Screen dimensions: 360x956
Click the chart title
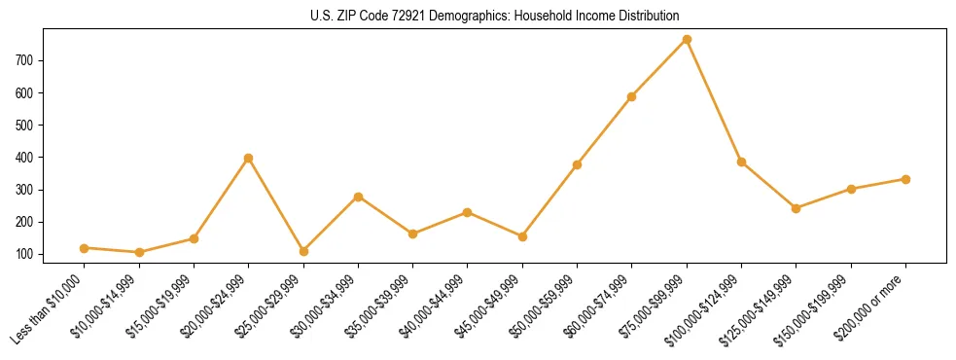coord(478,16)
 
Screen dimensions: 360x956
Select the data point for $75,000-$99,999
coord(687,40)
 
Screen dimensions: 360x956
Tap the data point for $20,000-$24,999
coord(249,158)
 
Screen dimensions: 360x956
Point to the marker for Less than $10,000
coord(85,248)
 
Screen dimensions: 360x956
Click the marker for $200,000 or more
coord(905,179)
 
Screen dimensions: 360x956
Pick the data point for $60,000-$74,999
coord(632,96)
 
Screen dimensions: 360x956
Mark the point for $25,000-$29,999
coord(303,251)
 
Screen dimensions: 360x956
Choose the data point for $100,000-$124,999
coord(741,162)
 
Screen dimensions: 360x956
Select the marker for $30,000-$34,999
coord(358,197)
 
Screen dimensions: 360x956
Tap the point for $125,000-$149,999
coord(797,208)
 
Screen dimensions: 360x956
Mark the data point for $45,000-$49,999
coord(522,236)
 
